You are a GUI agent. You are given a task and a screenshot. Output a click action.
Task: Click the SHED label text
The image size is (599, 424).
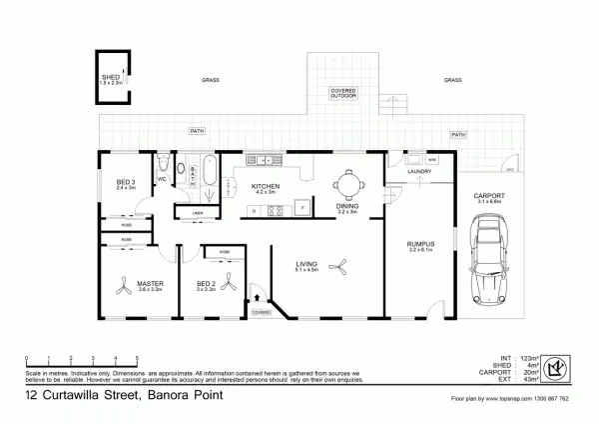pos(110,77)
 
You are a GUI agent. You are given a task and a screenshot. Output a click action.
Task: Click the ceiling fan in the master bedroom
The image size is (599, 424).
pos(125,287)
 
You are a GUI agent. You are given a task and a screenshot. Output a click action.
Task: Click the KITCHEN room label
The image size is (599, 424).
pos(265,186)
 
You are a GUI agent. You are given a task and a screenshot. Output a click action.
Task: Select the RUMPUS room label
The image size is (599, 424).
pos(419,243)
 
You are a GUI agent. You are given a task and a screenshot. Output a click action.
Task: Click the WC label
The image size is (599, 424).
pos(161,181)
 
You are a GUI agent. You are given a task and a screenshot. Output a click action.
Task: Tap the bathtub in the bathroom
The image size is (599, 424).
pos(208,171)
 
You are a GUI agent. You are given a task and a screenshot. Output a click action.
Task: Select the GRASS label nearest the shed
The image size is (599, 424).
pos(211,80)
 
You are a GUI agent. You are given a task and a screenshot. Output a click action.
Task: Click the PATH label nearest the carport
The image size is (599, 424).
pos(458,134)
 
